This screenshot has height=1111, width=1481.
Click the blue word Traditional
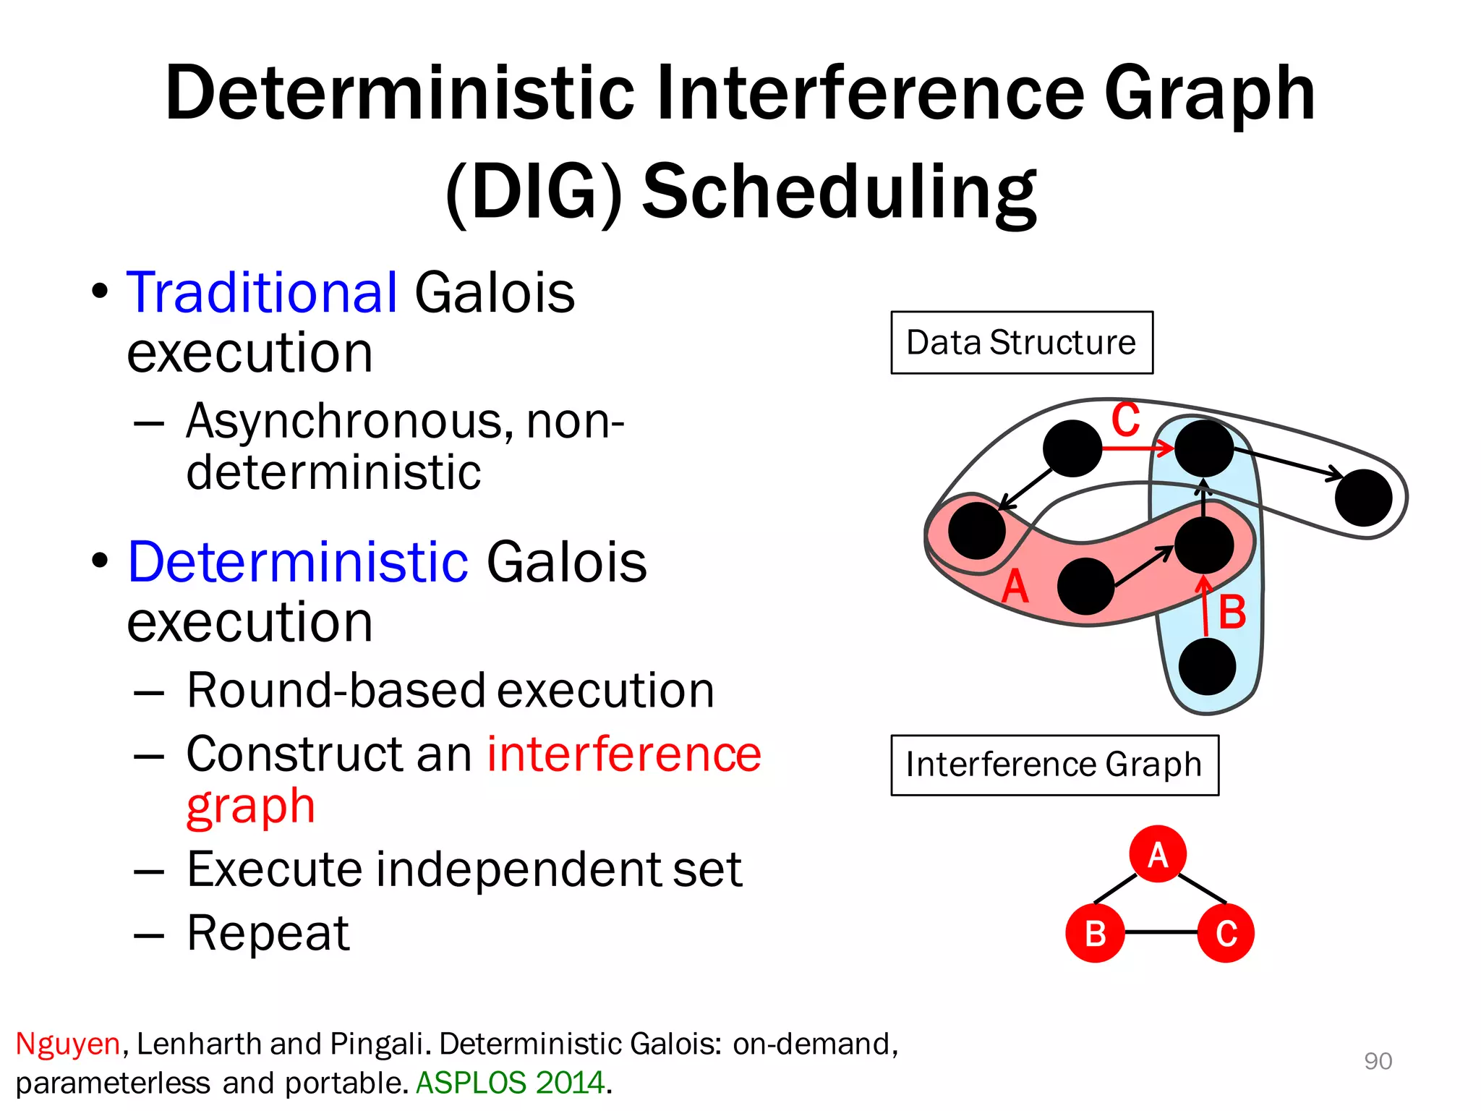click(262, 292)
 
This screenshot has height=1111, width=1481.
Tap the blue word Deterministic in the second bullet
click(298, 562)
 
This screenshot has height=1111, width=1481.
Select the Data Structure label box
click(1021, 342)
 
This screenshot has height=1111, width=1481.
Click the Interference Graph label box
click(1054, 765)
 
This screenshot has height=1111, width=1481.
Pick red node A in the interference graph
click(1157, 854)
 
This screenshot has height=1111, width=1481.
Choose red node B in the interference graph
click(1095, 933)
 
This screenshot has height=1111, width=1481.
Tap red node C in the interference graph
click(1226, 933)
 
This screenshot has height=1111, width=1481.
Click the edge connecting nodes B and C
click(1161, 932)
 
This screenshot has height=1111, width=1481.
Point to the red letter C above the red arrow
click(1125, 420)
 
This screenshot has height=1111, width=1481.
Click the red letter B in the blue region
click(1232, 613)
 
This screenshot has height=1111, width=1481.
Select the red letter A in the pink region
click(1015, 586)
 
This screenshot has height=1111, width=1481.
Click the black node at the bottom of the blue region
click(1207, 666)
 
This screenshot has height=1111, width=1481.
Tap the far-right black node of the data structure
click(1363, 498)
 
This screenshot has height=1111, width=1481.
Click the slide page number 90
click(1378, 1061)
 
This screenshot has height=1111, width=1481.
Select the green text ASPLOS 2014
click(511, 1083)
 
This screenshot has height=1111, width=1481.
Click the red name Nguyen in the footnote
click(67, 1044)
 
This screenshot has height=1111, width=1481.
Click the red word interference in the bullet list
click(624, 754)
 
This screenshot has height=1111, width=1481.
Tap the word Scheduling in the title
click(839, 191)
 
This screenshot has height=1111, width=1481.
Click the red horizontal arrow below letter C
click(1135, 448)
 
